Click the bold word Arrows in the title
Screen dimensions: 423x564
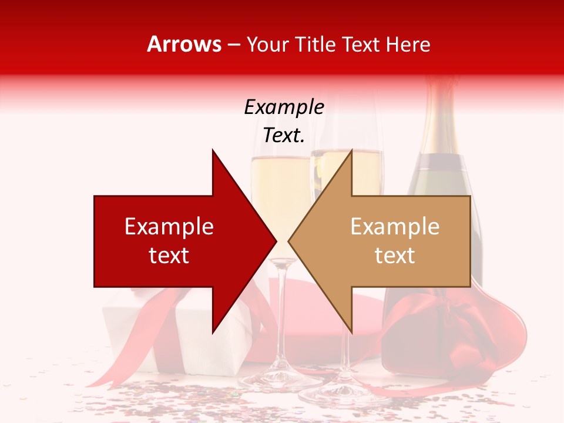tap(184, 45)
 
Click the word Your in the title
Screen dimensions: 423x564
tap(267, 45)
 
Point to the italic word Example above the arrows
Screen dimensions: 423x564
tap(284, 107)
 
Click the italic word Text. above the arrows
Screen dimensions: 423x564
tap(284, 135)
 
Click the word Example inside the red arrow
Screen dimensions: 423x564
tap(169, 227)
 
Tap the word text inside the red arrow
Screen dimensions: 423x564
tap(169, 256)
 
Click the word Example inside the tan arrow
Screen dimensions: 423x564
tap(395, 227)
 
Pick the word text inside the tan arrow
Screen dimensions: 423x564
tap(395, 256)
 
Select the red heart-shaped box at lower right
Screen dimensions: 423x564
tap(446, 341)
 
